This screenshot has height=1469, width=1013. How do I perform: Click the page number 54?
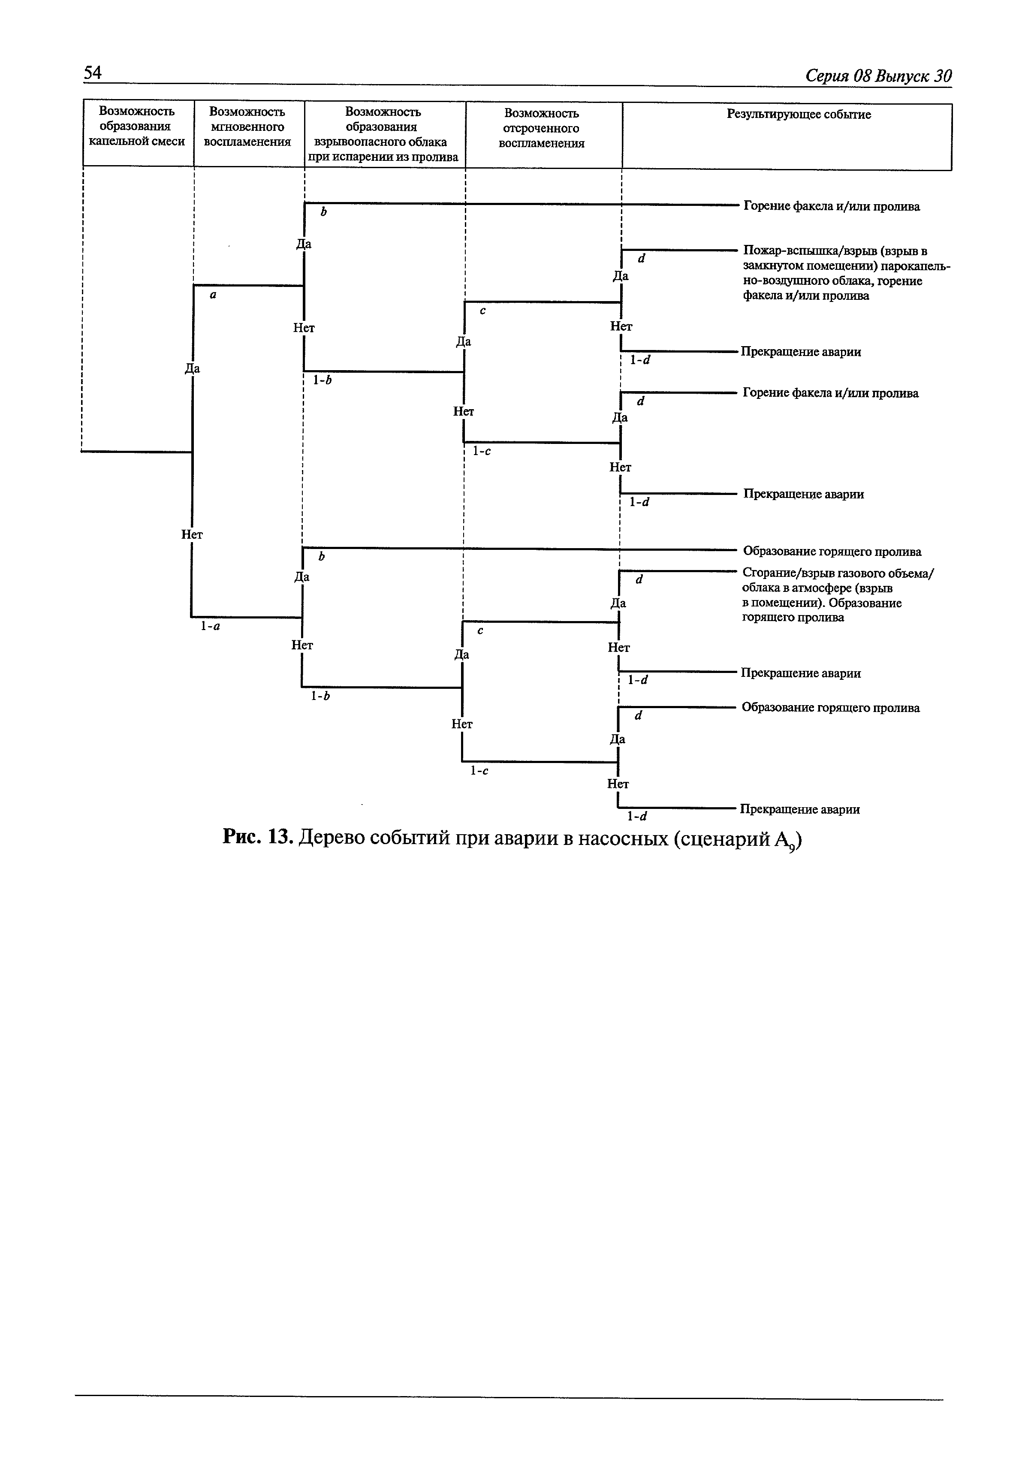93,72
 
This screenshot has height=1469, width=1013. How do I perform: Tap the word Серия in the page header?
827,76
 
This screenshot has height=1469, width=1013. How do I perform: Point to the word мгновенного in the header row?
247,127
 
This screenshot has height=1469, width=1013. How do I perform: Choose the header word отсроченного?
541,128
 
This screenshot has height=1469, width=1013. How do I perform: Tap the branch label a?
213,295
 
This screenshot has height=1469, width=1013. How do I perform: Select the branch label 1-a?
210,625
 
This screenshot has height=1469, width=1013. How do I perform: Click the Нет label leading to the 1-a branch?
192,534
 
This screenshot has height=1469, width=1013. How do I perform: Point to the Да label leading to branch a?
192,368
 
